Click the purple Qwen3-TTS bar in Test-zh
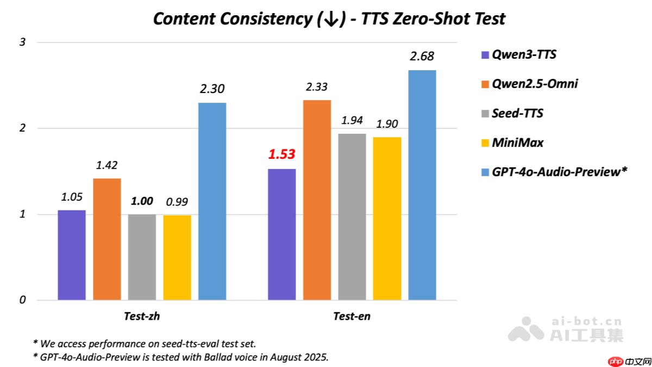tap(72, 255)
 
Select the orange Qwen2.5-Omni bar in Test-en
tap(317, 200)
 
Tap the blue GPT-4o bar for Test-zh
tap(212, 201)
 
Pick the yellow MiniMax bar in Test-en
tap(387, 219)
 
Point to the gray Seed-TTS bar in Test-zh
tap(142, 257)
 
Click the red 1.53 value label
tap(281, 154)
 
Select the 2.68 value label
tap(422, 57)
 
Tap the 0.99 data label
tap(177, 202)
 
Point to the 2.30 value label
tap(212, 89)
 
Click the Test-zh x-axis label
tap(142, 316)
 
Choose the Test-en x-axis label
tap(352, 316)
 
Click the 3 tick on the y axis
tap(23, 42)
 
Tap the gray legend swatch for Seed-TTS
tap(485, 114)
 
